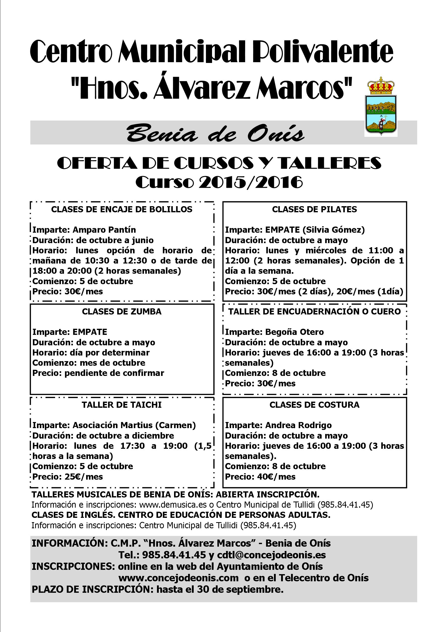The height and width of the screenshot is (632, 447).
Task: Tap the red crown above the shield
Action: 381,86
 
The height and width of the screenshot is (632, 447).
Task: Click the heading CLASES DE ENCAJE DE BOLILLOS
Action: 122,209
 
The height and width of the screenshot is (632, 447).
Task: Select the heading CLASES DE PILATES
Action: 314,209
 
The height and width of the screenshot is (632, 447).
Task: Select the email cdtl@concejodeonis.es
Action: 271,555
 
